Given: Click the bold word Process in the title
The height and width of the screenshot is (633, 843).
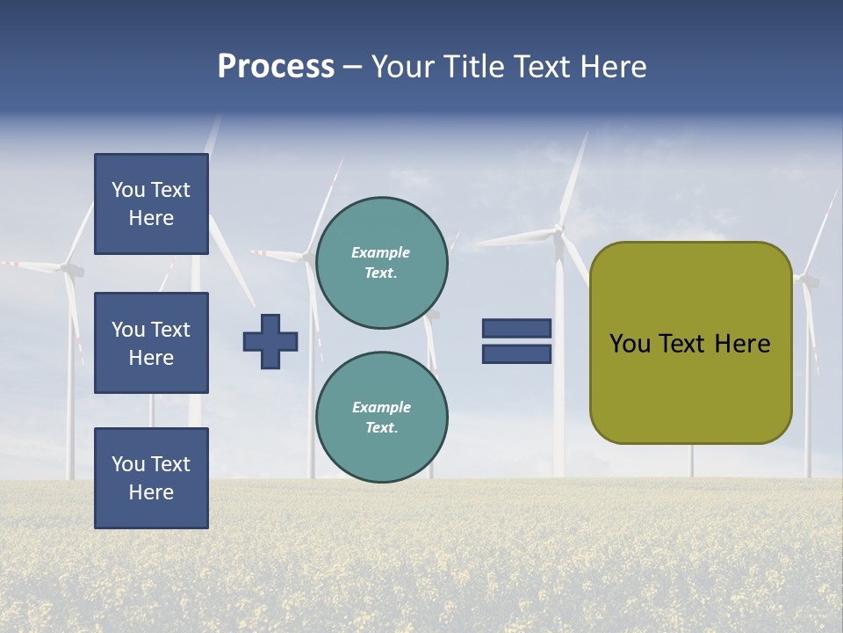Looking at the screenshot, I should point(276,67).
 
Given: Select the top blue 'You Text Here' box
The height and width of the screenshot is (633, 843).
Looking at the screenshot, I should point(151,204).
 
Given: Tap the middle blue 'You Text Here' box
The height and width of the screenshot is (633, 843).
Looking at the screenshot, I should point(151,343).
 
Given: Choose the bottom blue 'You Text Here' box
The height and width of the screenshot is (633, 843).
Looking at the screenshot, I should point(151,478).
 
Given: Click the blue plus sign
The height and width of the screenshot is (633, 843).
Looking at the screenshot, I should point(270,341).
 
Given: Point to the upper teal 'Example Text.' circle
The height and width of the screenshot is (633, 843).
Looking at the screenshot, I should point(381,263).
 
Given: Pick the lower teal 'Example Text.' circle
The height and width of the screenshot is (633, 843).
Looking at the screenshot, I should point(381,418).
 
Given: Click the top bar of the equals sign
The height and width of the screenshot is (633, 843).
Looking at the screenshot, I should point(516,329).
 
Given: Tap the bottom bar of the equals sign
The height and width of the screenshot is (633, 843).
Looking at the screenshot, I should point(516,353).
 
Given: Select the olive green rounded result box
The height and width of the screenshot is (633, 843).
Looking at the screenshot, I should point(690,342).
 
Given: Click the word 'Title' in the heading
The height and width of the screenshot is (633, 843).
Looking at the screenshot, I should point(475,67).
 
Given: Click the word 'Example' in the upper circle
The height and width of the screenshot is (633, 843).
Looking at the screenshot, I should point(381,252).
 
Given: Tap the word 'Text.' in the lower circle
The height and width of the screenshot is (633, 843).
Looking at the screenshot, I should point(381,428).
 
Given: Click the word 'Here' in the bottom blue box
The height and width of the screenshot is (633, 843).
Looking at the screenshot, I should point(151,492).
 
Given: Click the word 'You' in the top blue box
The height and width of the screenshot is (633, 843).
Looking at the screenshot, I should point(128,190).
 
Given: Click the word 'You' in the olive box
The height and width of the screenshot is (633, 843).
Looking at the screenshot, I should point(630,344).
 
